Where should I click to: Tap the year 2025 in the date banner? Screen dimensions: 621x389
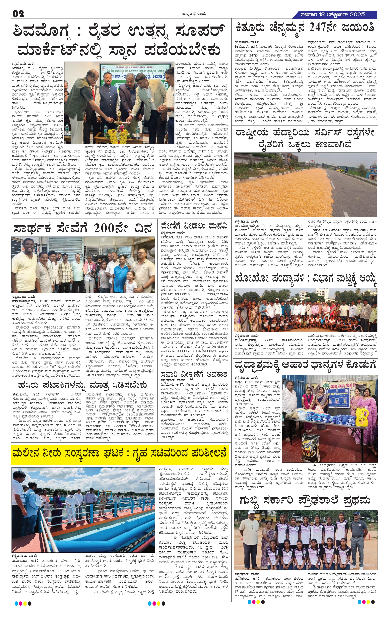(x=355, y=14)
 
